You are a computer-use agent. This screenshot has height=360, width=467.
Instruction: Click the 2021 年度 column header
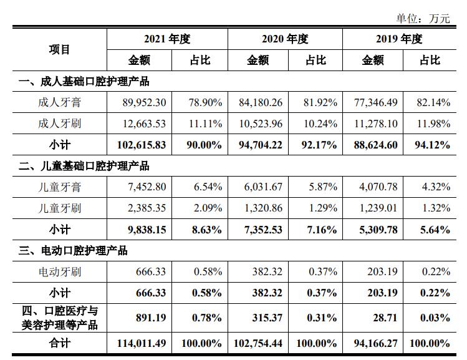[166, 39]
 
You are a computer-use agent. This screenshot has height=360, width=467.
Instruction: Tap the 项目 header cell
[59, 49]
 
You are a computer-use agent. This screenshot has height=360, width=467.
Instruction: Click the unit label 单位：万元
[423, 18]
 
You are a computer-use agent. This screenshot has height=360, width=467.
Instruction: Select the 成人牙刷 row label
[59, 124]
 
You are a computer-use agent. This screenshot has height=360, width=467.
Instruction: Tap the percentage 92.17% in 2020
[320, 145]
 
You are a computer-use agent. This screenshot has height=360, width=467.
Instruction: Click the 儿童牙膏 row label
[59, 187]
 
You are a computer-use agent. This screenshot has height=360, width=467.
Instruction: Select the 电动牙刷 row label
[59, 272]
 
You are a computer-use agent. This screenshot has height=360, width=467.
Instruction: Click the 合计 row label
[59, 343]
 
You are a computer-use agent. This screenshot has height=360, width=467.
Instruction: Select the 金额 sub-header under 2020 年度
[258, 60]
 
